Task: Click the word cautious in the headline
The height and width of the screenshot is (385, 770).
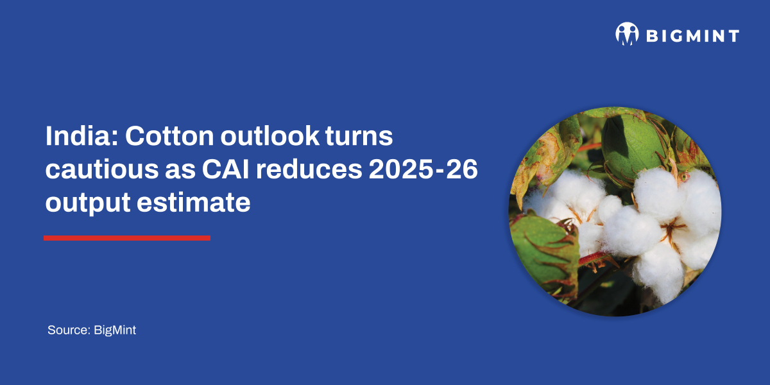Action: click(x=94, y=170)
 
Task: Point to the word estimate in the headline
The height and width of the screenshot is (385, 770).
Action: click(x=193, y=203)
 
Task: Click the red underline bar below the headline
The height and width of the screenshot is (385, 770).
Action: click(x=126, y=238)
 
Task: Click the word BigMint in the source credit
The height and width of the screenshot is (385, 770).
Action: click(x=115, y=330)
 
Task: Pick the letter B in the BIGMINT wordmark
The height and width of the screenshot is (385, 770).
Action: click(x=651, y=35)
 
